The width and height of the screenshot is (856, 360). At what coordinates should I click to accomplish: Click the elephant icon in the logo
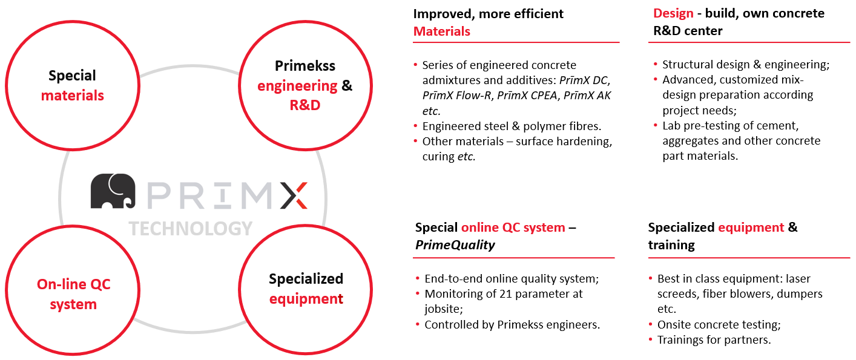pos(113,191)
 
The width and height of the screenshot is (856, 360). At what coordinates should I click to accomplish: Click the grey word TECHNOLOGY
pos(190,229)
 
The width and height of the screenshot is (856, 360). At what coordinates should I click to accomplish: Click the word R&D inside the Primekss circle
pos(305,105)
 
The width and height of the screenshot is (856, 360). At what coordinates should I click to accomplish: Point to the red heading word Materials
pos(442,31)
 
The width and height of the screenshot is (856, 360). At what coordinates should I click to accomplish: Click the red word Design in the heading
pos(673,13)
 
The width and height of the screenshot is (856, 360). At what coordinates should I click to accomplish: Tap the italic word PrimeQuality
pos(455,244)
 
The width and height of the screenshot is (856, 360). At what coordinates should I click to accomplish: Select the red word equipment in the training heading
pos(751,227)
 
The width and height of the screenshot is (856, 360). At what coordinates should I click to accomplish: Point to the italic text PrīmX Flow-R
pos(456,96)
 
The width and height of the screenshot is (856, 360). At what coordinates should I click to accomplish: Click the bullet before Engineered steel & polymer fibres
pos(416,126)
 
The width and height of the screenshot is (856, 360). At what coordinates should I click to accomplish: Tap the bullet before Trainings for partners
pos(651,339)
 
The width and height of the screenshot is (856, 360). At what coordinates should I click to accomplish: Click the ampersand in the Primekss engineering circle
pos(347,85)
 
